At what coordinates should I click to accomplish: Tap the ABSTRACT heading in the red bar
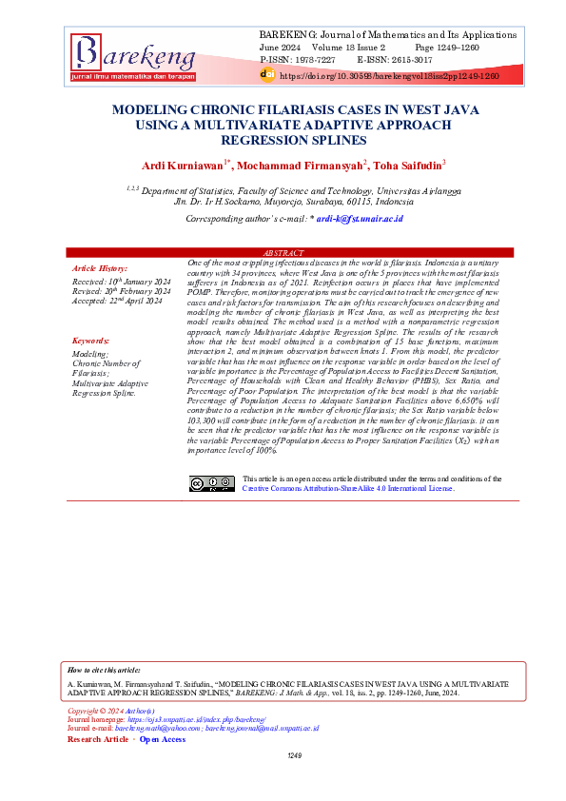click(292, 252)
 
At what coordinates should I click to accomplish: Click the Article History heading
click(99, 269)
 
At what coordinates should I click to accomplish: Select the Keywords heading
click(90, 340)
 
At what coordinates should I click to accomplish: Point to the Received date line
click(121, 283)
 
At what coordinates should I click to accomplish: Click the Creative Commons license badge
click(211, 483)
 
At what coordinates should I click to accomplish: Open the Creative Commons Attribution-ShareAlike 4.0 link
click(348, 488)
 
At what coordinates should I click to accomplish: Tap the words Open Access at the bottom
click(163, 739)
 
